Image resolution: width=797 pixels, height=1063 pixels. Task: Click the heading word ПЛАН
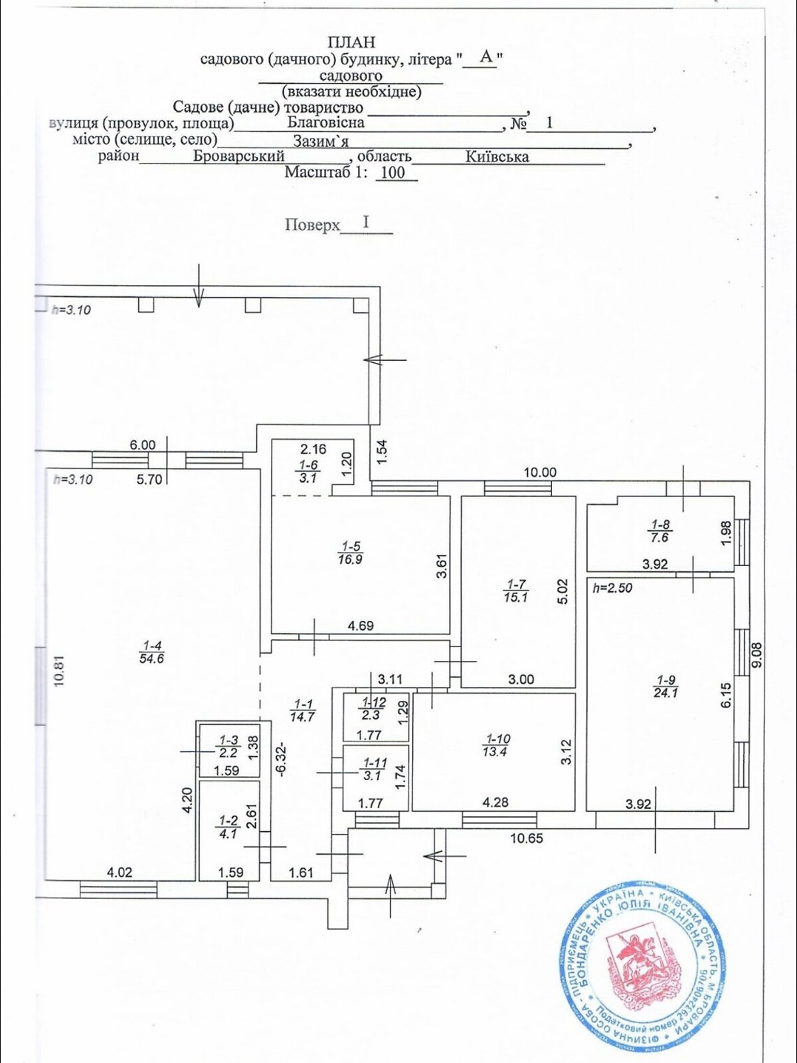pyautogui.click(x=351, y=42)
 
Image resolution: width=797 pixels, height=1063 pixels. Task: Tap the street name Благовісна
pyautogui.click(x=325, y=123)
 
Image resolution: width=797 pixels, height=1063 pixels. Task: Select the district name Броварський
pyautogui.click(x=238, y=156)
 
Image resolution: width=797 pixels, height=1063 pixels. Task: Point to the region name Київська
pyautogui.click(x=497, y=157)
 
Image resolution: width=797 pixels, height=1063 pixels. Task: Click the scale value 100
pyautogui.click(x=393, y=173)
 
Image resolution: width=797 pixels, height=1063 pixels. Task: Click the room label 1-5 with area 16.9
pyautogui.click(x=351, y=553)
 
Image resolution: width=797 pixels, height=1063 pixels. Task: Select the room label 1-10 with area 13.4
pyautogui.click(x=498, y=745)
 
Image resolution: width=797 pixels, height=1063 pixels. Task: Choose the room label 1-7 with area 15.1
pyautogui.click(x=517, y=591)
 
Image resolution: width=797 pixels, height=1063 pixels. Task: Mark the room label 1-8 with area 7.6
pyautogui.click(x=661, y=531)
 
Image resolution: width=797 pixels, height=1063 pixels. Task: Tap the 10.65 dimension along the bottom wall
pyautogui.click(x=526, y=838)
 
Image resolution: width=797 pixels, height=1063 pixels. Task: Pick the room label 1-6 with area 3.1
pyautogui.click(x=308, y=471)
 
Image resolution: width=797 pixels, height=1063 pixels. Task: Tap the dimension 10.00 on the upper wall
pyautogui.click(x=540, y=472)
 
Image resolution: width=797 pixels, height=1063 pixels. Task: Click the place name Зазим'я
pyautogui.click(x=321, y=140)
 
